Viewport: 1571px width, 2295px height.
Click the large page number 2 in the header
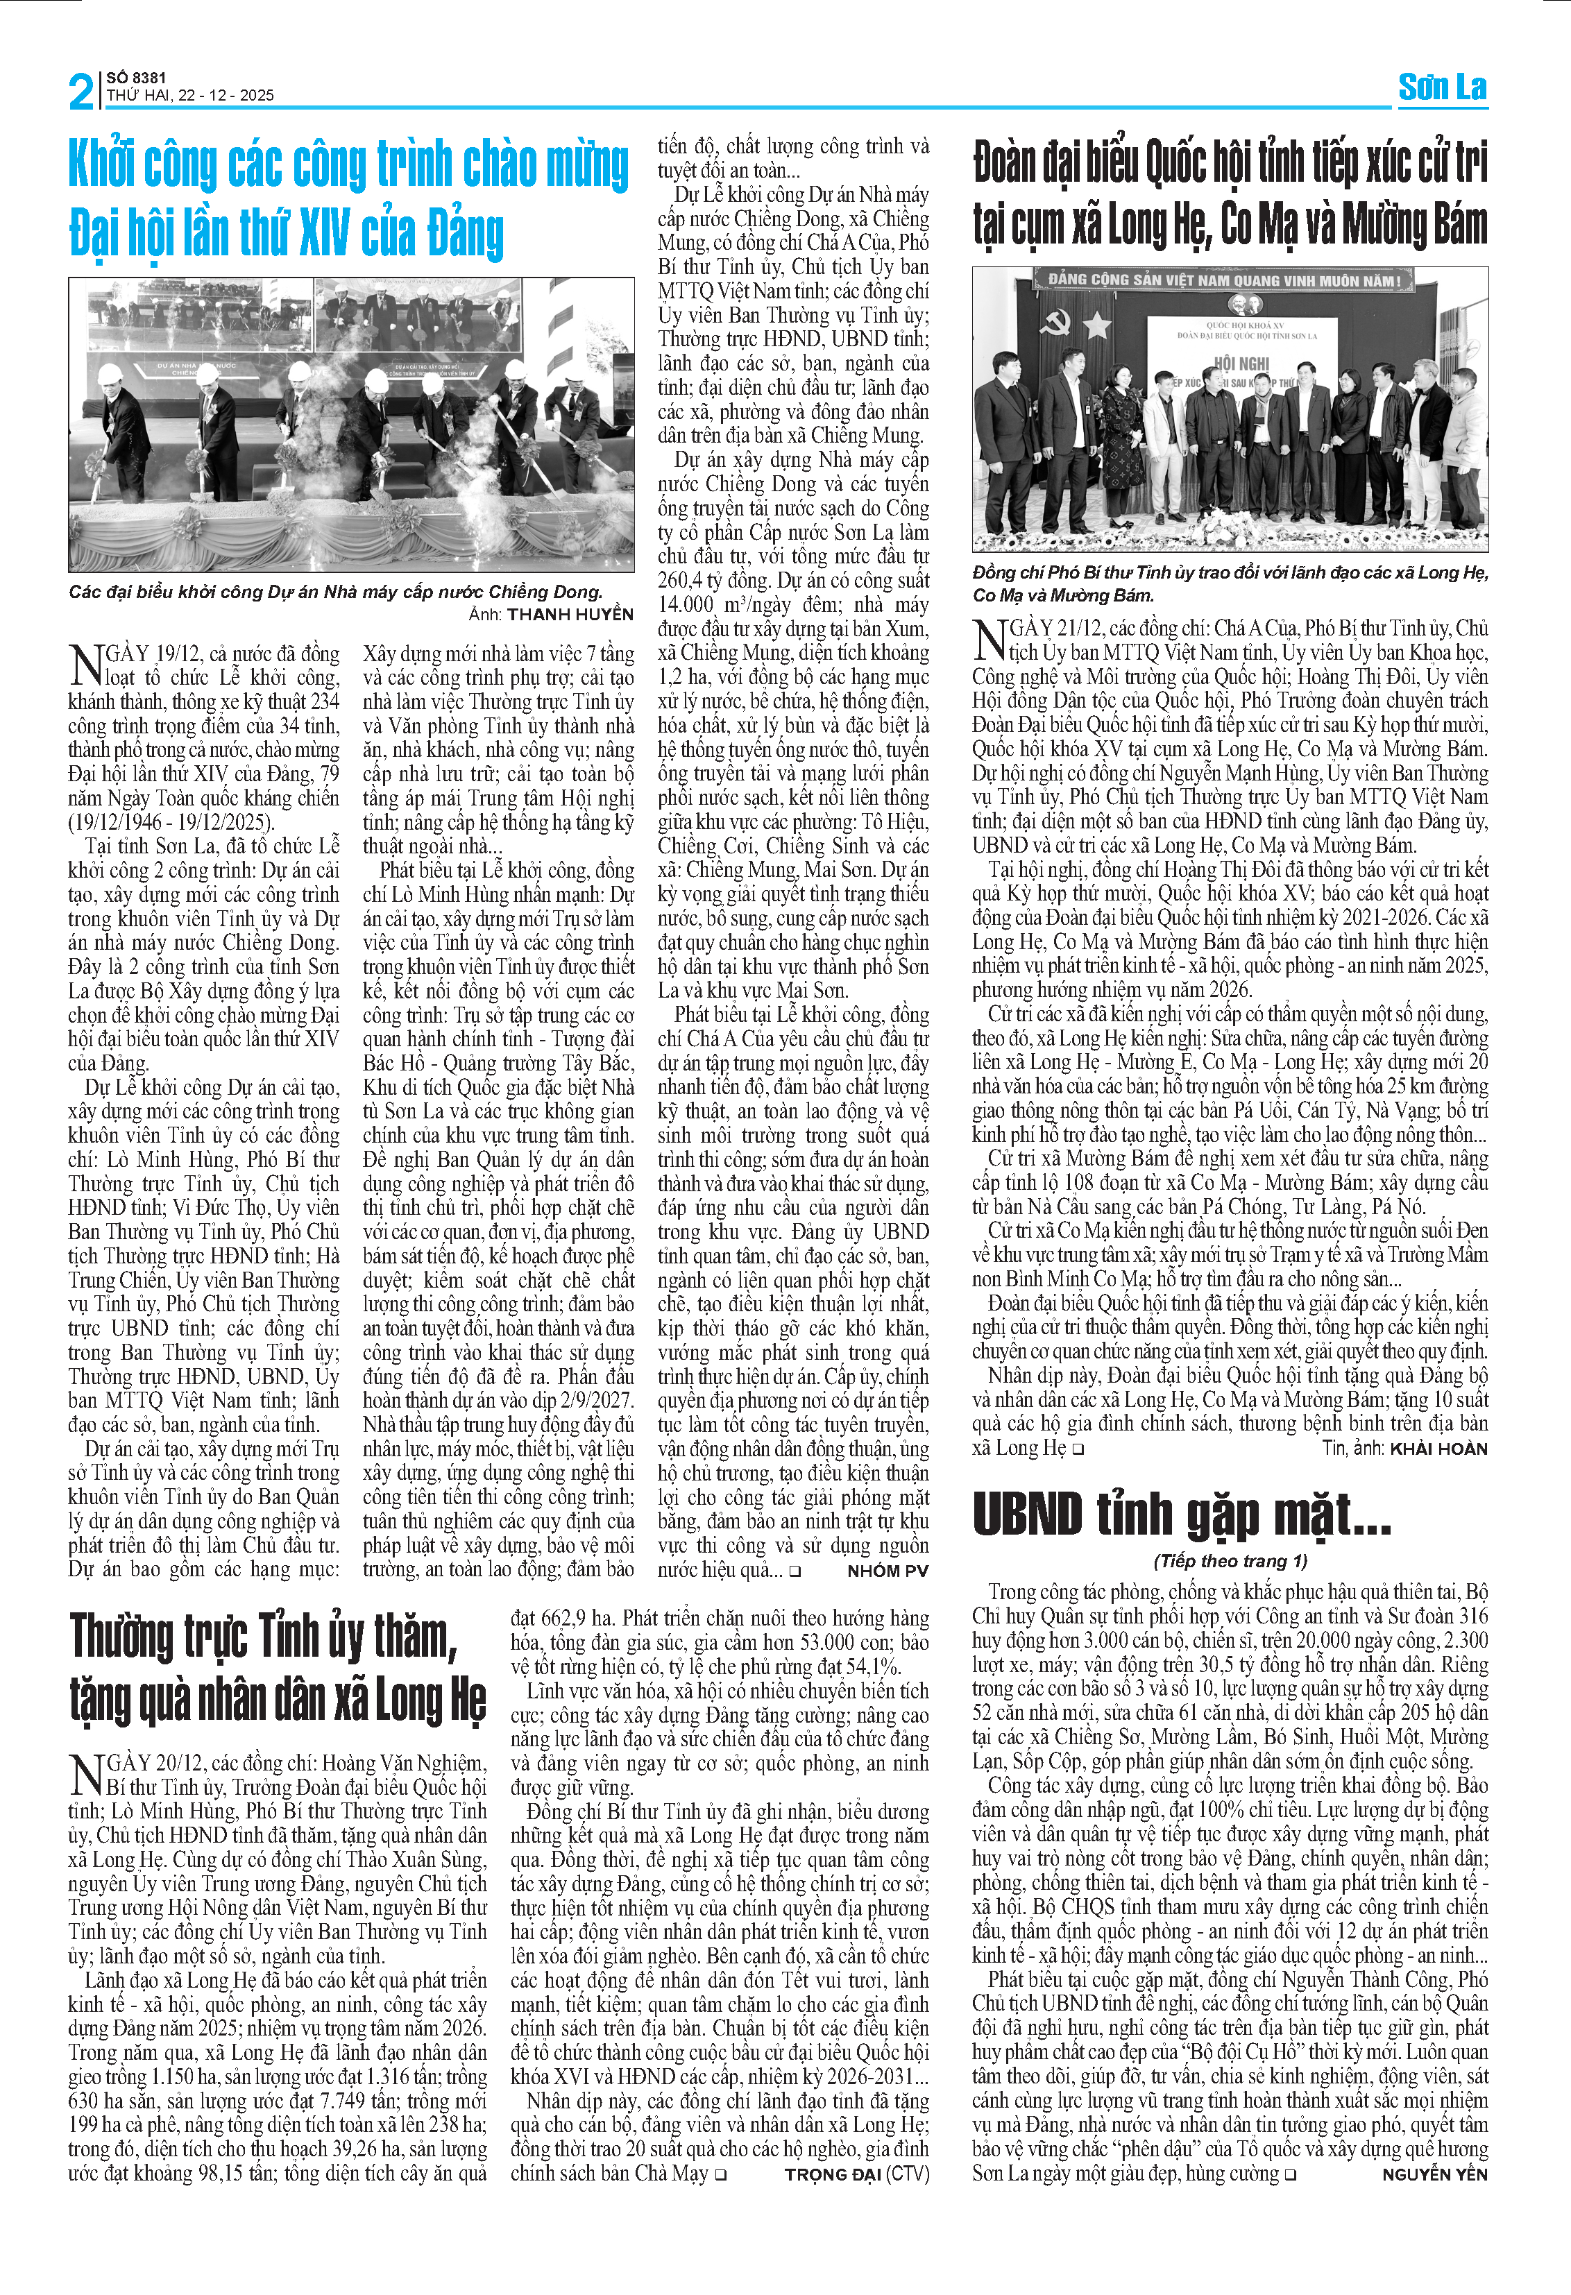[x=81, y=92]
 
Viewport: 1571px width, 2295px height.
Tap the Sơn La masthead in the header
[x=1442, y=88]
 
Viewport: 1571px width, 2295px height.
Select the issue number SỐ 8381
[x=136, y=78]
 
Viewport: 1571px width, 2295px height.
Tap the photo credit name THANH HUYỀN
[x=570, y=614]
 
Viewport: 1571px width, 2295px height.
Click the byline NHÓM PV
[x=888, y=1570]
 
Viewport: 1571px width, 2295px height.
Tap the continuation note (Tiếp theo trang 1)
[x=1230, y=1560]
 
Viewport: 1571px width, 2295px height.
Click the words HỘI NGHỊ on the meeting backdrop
[x=1240, y=364]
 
